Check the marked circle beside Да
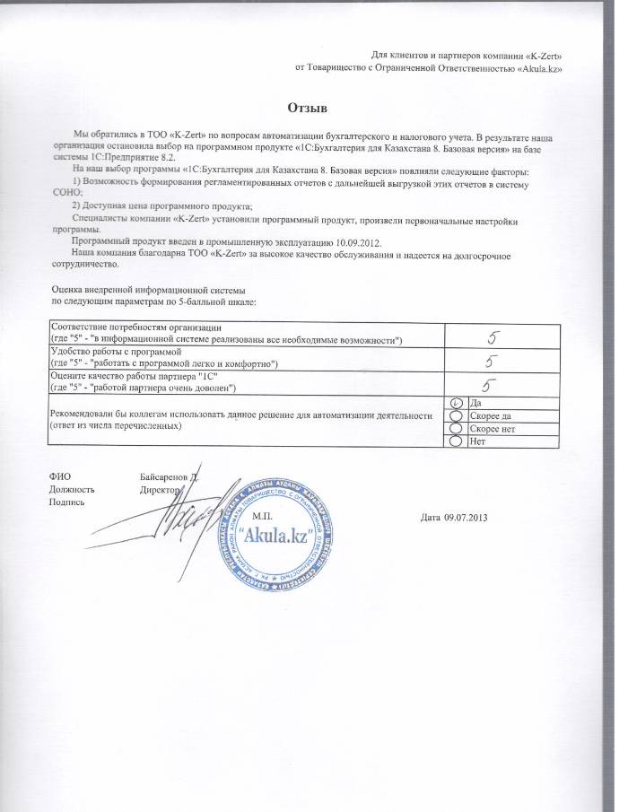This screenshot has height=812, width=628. tap(456, 404)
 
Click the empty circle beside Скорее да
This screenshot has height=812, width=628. tap(456, 416)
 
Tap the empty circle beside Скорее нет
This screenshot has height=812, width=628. tap(456, 429)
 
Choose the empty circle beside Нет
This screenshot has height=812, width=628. tap(456, 441)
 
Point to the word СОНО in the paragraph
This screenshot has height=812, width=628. tap(67, 194)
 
